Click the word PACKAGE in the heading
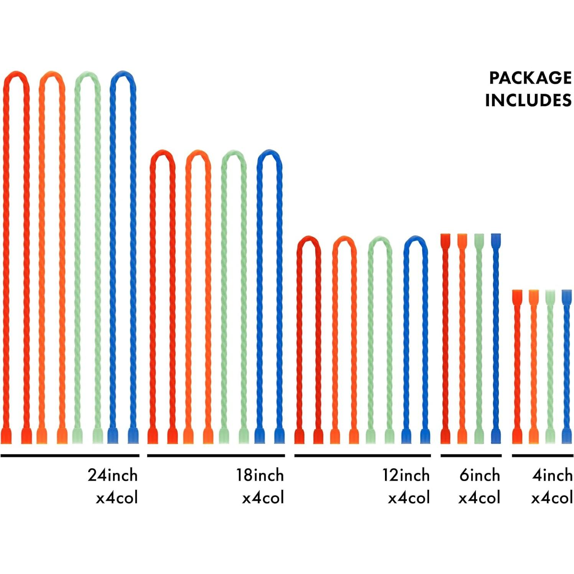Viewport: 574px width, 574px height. (x=530, y=78)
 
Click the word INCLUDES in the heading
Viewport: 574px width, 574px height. (x=528, y=100)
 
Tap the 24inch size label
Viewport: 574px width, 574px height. (x=113, y=475)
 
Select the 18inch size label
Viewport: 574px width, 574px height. (x=260, y=475)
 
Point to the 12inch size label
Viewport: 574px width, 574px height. (x=406, y=475)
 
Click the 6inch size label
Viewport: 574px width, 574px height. (x=480, y=475)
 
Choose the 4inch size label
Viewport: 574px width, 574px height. (x=552, y=475)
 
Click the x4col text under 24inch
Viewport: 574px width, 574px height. (x=117, y=498)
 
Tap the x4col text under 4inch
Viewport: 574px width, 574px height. (x=552, y=498)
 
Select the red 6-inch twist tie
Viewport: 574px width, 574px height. (x=445, y=337)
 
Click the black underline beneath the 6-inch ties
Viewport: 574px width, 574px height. (x=471, y=456)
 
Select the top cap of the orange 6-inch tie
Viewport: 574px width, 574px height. (x=462, y=240)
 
